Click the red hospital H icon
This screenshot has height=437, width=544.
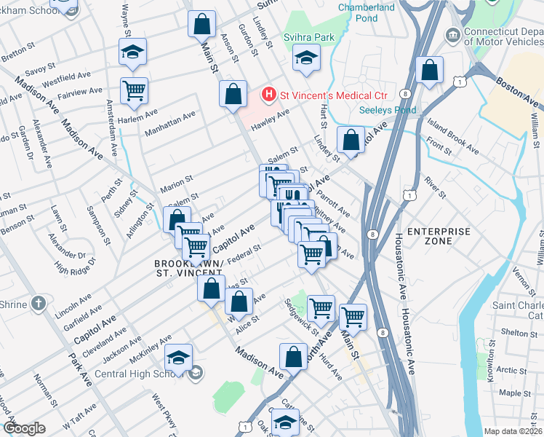269,95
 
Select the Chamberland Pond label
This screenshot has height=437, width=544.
367,12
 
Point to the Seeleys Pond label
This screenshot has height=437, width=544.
388,110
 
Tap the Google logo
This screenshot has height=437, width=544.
24,428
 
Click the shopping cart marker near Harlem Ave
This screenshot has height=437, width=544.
134,90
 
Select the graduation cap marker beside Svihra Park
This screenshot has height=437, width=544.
307,58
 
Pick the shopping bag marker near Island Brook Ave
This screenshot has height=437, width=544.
431,70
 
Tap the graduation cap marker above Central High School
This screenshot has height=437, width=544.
178,358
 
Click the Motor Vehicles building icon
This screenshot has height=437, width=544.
452,34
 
